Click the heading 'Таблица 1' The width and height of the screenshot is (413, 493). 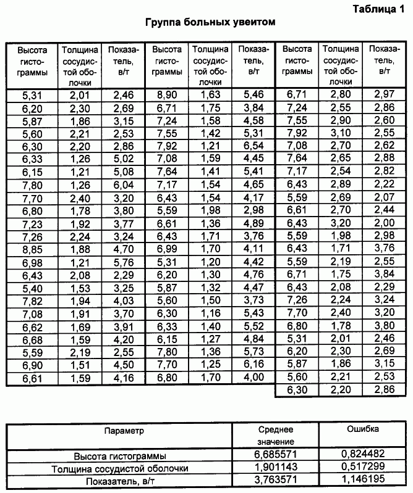(378, 9)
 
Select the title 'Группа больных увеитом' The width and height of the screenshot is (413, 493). (210, 22)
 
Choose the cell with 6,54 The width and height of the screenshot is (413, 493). (253, 146)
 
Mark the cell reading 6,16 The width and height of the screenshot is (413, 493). (253, 365)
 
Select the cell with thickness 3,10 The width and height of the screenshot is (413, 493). (341, 133)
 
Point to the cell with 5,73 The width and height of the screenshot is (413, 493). (253, 352)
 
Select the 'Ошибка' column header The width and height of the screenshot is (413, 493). (364, 429)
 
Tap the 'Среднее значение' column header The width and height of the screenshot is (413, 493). (276, 436)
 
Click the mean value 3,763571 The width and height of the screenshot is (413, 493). (276, 481)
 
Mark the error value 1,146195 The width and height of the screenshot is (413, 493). (364, 481)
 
